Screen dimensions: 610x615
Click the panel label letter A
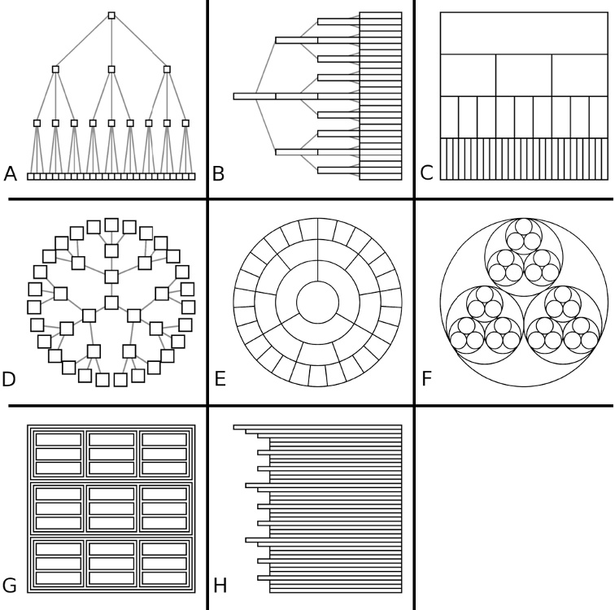point(10,173)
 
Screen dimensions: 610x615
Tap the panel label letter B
point(218,173)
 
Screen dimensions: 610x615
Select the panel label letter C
point(425,173)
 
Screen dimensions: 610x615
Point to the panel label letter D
point(11,379)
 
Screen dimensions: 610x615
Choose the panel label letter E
point(219,379)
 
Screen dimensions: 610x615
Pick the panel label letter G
point(11,586)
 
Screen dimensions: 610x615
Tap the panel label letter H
point(219,586)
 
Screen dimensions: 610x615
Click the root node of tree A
point(111,15)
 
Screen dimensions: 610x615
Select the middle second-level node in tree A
point(111,69)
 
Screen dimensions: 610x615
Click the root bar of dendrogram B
point(254,96)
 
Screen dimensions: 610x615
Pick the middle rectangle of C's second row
point(523,76)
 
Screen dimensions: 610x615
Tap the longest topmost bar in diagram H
point(317,426)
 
